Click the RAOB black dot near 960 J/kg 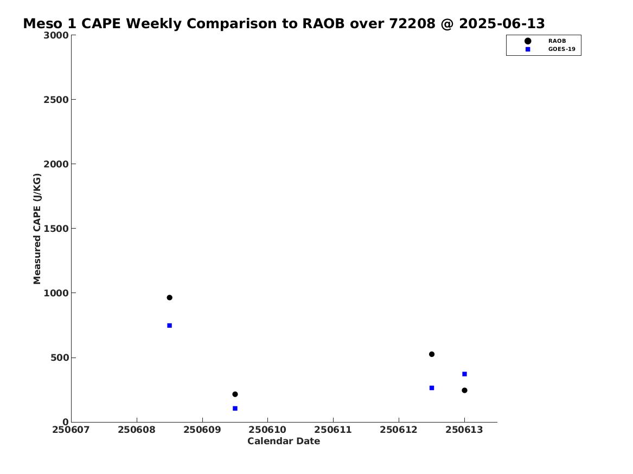[x=170, y=297]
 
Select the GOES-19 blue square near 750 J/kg [x=170, y=325]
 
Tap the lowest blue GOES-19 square [x=235, y=408]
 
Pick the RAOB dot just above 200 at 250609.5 [x=235, y=394]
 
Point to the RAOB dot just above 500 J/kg [x=432, y=354]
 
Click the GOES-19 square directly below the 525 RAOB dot [x=432, y=388]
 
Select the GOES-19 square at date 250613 [x=464, y=374]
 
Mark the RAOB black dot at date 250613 [x=464, y=390]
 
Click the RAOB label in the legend [x=557, y=41]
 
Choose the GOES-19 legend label [x=561, y=49]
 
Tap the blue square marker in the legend [x=528, y=49]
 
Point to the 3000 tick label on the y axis [x=56, y=35]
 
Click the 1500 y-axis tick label [x=56, y=229]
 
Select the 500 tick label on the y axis [x=60, y=358]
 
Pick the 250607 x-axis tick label [x=71, y=430]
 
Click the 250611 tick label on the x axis [x=333, y=430]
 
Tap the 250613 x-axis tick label [x=464, y=430]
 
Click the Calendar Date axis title [x=284, y=441]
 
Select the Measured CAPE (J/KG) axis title [x=37, y=229]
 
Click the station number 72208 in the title [x=412, y=24]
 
